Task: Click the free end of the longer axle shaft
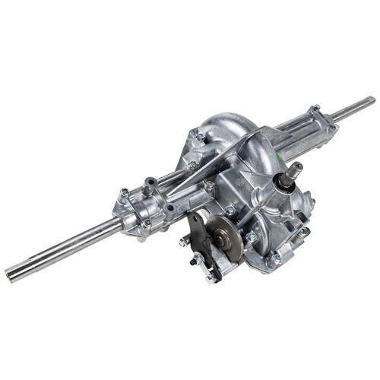[11, 271]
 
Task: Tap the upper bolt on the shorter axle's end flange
[316, 108]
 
